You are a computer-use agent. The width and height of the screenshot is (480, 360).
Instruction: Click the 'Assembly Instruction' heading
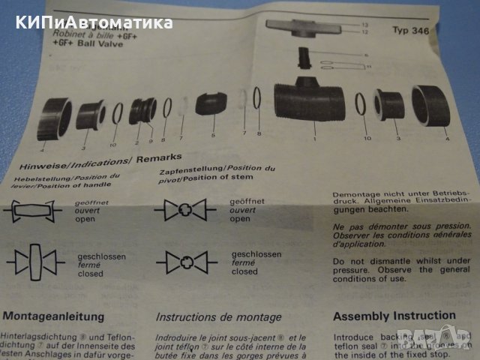(394, 316)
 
